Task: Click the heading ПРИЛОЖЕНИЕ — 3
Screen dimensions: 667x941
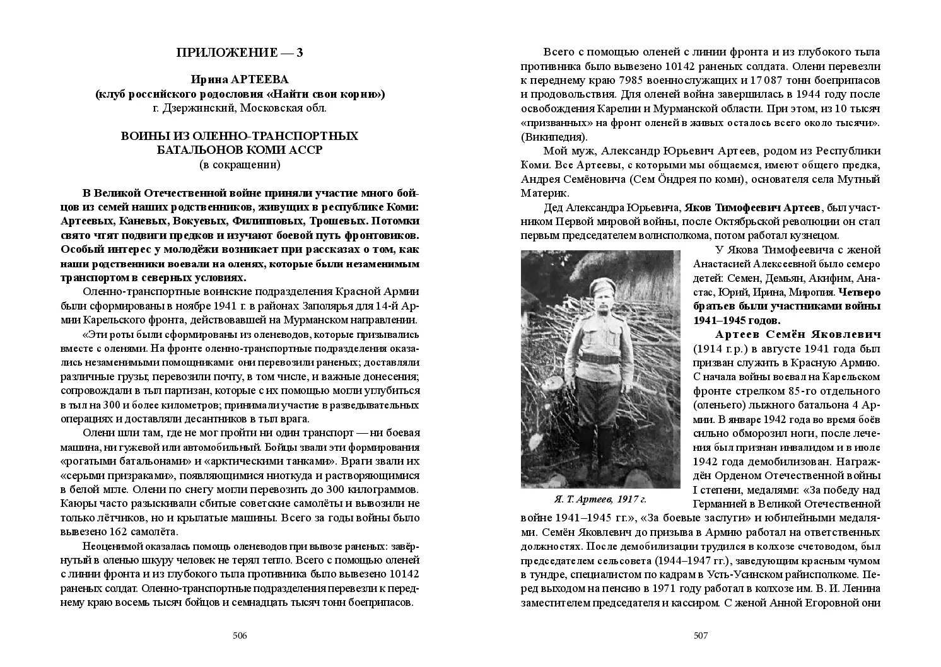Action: tap(240, 53)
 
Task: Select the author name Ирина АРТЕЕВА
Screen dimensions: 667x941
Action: tap(240, 80)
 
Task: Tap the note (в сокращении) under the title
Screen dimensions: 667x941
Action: tap(240, 165)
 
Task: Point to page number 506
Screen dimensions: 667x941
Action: tap(240, 635)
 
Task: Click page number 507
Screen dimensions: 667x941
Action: tap(701, 635)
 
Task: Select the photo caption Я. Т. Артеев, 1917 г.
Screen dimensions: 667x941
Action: tap(600, 499)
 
